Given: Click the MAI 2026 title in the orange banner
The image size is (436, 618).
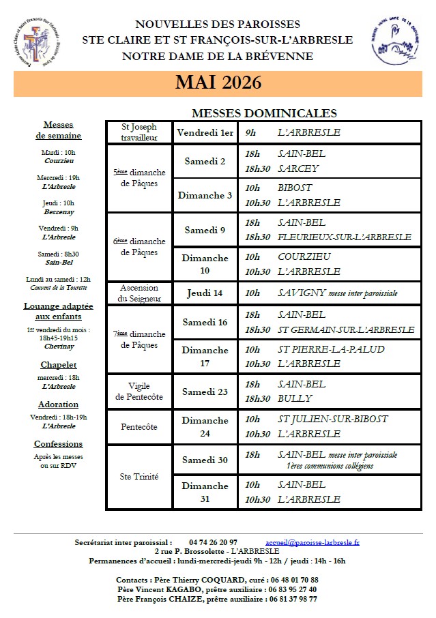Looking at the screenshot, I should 218,83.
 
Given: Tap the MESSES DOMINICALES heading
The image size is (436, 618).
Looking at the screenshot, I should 264,113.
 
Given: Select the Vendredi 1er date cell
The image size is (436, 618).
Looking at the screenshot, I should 205,132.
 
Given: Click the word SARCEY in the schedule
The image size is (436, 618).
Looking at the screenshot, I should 298,168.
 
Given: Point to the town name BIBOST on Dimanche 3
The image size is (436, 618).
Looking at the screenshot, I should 295,188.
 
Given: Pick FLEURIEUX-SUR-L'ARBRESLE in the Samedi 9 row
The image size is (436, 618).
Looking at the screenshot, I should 345,237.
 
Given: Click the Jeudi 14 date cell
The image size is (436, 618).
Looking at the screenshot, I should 205,293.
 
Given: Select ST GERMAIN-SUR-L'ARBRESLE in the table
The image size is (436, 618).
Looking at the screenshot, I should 346,329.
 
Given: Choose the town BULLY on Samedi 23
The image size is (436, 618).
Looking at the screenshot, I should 295,398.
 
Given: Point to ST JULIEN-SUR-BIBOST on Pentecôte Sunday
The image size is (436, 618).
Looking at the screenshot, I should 333,418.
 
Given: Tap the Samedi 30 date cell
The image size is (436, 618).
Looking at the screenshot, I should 205,460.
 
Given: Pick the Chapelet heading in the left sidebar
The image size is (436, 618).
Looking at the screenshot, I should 58,365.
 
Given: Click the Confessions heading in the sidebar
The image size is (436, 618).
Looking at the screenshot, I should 58,444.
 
